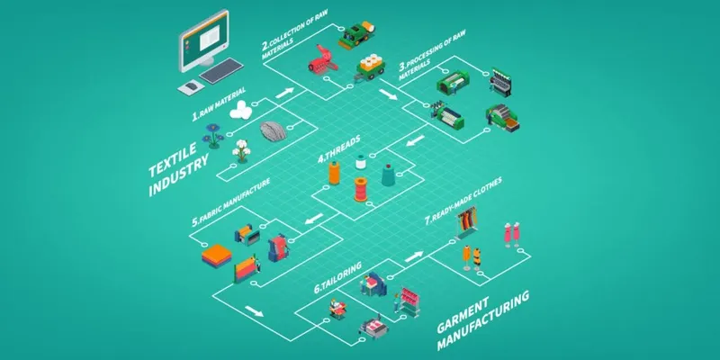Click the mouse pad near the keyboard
click(x=191, y=87)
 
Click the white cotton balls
click(x=241, y=111)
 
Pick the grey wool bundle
click(x=274, y=131)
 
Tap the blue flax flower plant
click(x=212, y=137)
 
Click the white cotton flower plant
click(x=241, y=151)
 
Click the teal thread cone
click(x=388, y=175)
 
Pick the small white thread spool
click(x=361, y=163)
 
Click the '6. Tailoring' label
click(x=338, y=278)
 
